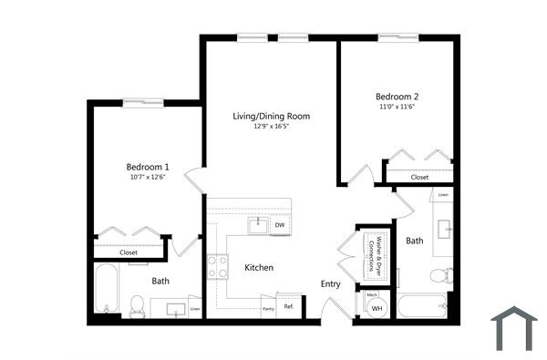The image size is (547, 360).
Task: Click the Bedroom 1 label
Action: click(148, 167)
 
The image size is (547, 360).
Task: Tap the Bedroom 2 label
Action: click(397, 97)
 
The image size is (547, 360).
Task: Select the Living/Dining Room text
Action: click(271, 116)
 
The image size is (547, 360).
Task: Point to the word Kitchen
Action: click(259, 268)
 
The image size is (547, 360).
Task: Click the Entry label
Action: click(330, 284)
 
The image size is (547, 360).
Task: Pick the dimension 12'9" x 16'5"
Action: click(270, 127)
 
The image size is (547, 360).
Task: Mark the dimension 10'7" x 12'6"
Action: click(148, 178)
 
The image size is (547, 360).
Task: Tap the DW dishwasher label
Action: click(280, 225)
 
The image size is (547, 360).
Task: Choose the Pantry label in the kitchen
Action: click(268, 309)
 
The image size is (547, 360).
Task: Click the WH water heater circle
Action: click(377, 309)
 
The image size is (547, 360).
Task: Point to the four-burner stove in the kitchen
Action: click(218, 266)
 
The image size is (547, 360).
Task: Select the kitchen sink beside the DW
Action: click(259, 224)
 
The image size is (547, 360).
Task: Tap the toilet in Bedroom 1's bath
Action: click(138, 305)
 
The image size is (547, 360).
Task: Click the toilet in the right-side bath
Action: click(441, 275)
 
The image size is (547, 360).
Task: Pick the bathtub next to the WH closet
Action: click(423, 306)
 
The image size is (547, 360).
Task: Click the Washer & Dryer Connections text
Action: click(372, 252)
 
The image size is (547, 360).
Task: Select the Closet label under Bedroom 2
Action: click(419, 177)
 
